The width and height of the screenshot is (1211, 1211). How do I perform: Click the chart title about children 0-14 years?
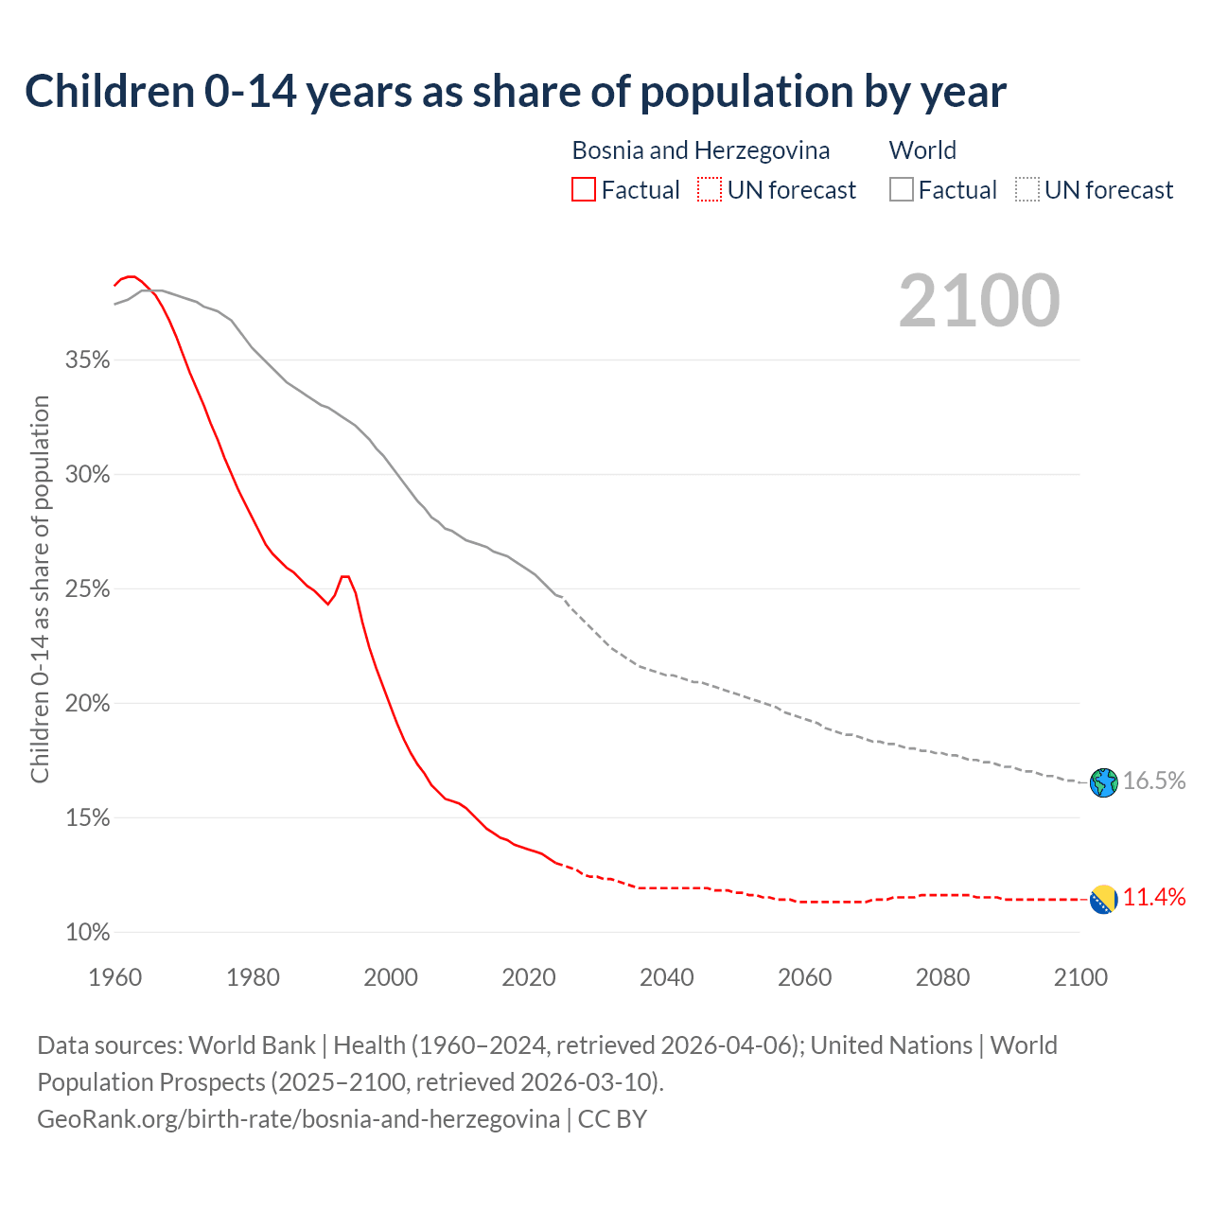coord(516,92)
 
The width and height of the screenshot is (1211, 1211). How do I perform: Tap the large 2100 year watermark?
coord(979,301)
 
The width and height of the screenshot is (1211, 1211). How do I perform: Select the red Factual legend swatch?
coord(584,190)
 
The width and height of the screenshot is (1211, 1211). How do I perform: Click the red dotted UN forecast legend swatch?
coord(710,190)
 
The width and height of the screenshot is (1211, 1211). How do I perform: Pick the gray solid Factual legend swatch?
coord(902,190)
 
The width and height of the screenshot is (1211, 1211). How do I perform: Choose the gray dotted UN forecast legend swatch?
coord(1027,190)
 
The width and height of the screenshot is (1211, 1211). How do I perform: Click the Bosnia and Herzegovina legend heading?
coord(700,150)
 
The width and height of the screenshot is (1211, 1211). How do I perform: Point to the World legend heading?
coord(922,150)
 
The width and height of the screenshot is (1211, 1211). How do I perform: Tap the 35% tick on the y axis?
coord(88,360)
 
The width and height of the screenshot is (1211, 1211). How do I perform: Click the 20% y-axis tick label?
coord(88,704)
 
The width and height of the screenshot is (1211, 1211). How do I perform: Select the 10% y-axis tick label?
coord(88,933)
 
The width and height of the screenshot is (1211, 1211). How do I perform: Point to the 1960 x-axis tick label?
coord(115,977)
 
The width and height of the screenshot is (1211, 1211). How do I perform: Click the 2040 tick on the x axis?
coord(667,977)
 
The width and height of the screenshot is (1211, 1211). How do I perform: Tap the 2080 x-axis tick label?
coord(942,977)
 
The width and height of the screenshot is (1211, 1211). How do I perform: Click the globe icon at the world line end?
coord(1103,782)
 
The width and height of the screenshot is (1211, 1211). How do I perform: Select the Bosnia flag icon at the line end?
coord(1103,899)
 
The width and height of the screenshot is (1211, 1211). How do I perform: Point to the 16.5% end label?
coord(1154,781)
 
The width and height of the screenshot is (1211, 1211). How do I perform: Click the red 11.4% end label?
coord(1154,898)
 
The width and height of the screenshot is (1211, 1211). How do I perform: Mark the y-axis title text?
coord(41,589)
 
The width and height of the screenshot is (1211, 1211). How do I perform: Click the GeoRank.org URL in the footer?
coord(298,1119)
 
